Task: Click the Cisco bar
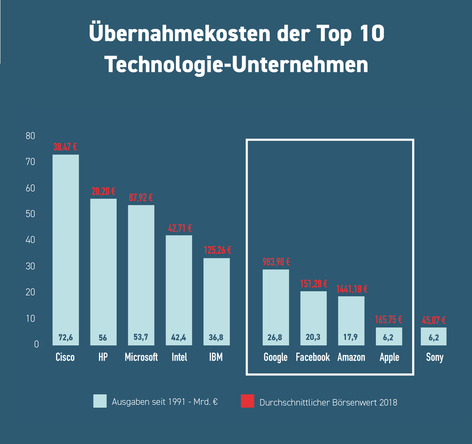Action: click(x=65, y=249)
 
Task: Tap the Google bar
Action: click(x=276, y=307)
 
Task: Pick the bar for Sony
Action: click(x=434, y=336)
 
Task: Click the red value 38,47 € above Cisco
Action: click(x=65, y=147)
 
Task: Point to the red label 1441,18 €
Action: click(x=351, y=289)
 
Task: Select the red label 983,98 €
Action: click(x=276, y=262)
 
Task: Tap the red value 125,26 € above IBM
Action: click(x=217, y=250)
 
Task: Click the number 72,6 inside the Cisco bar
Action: click(x=65, y=337)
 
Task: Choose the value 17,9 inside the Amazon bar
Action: click(x=351, y=337)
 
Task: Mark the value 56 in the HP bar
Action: click(x=103, y=337)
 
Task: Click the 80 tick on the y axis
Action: click(x=30, y=136)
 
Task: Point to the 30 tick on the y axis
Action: click(x=30, y=266)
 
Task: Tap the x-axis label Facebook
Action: click(x=313, y=357)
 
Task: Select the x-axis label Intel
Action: click(x=179, y=357)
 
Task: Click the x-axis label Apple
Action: click(x=389, y=357)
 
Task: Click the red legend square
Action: click(x=248, y=402)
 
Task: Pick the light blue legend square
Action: click(x=100, y=401)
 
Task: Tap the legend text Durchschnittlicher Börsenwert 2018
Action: click(x=328, y=402)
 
